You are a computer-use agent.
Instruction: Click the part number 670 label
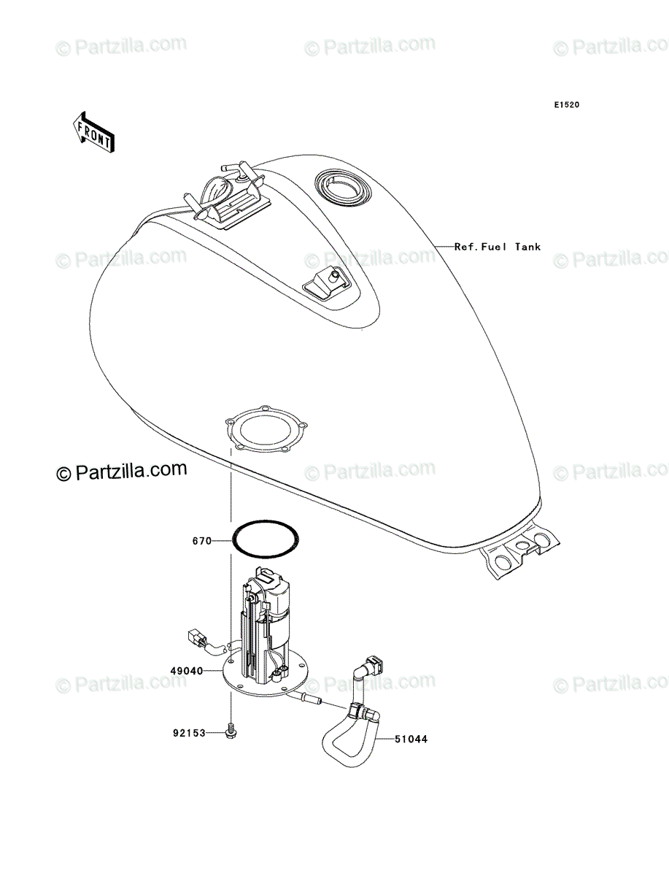(202, 541)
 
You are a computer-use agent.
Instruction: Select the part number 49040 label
(187, 672)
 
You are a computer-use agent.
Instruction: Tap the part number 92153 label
(190, 733)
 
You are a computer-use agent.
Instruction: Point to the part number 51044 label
(411, 739)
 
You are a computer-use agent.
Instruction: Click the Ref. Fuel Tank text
(498, 247)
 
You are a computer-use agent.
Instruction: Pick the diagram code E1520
(567, 105)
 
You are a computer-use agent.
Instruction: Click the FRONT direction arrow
(93, 133)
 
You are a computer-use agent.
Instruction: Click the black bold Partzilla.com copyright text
(122, 471)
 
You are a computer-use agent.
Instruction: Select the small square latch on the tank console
(326, 283)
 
